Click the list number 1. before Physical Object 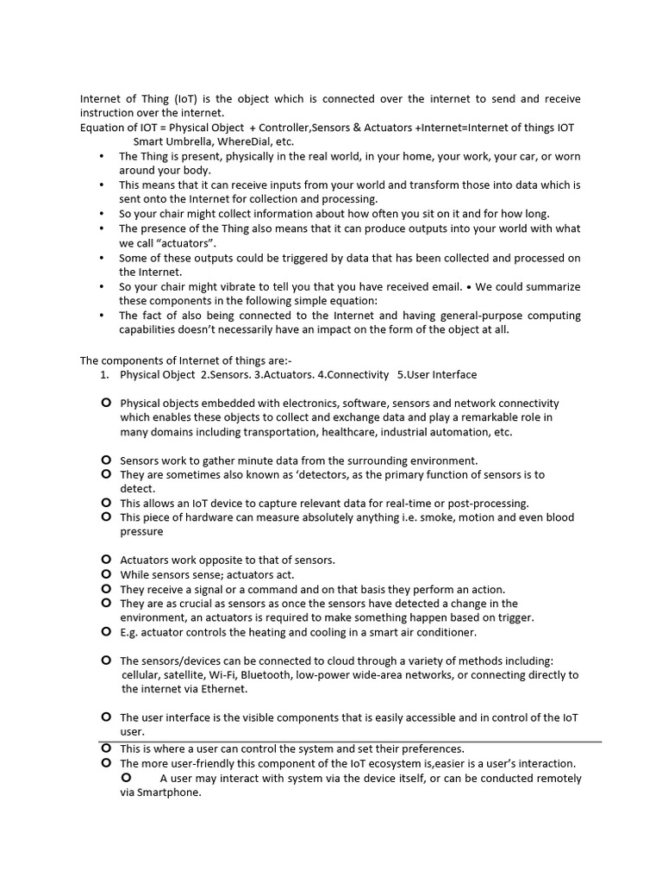pos(103,375)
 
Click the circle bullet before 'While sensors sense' pos(105,574)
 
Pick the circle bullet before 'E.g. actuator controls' pos(105,632)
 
